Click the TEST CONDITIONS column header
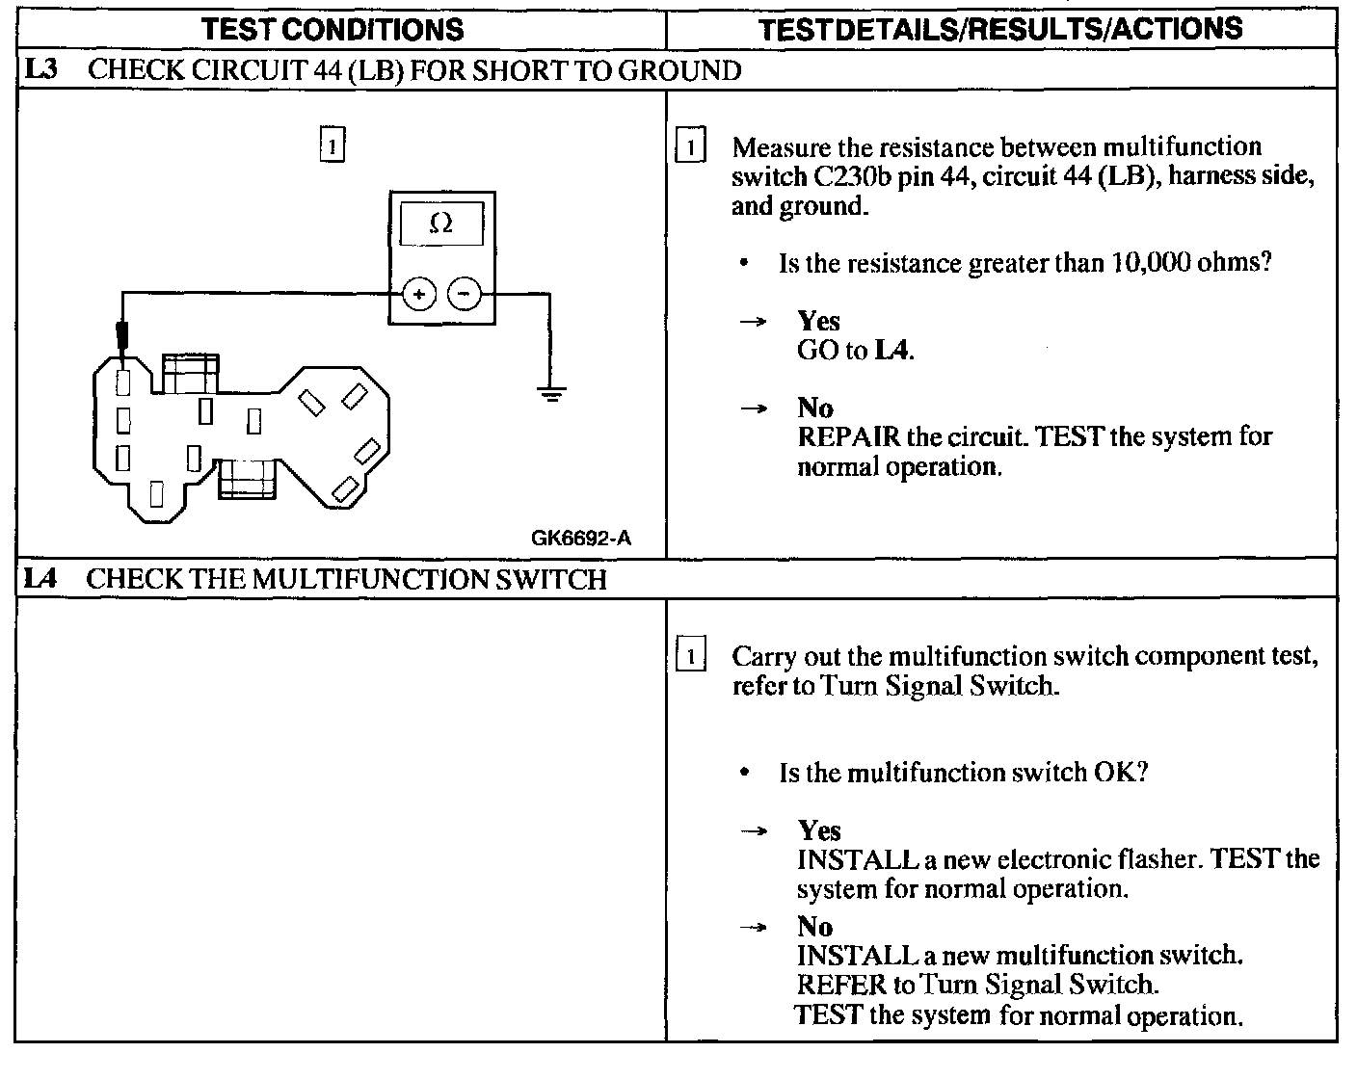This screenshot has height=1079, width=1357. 333,29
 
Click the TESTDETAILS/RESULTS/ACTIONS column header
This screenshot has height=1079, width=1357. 1000,29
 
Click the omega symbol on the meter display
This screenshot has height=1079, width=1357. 440,224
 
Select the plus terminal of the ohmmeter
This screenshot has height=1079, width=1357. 418,294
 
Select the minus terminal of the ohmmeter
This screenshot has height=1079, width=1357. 466,294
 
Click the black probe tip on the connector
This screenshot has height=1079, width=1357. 123,337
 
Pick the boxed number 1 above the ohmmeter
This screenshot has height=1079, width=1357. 331,147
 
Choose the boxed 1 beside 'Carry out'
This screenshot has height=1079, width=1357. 691,657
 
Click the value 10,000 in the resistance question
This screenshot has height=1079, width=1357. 1150,263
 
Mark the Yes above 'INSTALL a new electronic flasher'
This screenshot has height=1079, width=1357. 819,830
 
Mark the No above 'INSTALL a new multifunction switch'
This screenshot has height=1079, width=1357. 814,927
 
